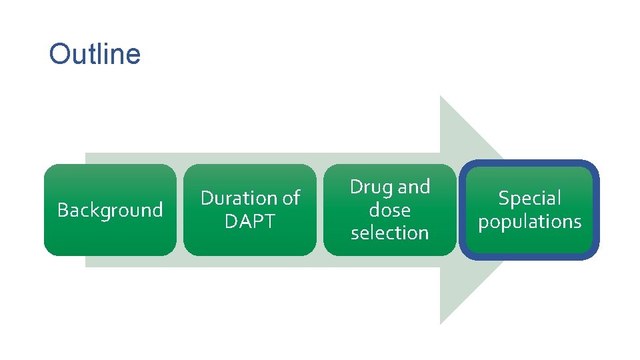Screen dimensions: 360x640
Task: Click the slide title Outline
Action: (x=95, y=54)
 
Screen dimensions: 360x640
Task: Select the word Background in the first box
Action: (x=110, y=210)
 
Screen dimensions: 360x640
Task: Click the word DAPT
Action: (x=250, y=221)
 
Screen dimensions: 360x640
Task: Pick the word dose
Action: (x=390, y=210)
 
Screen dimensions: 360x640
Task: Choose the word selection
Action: (x=390, y=233)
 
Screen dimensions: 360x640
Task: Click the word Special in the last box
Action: (x=530, y=198)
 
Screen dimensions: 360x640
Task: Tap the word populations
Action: (x=530, y=221)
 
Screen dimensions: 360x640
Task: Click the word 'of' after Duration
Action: (x=291, y=198)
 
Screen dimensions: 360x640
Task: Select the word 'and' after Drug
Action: (x=414, y=187)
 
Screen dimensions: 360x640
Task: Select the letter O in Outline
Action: (x=59, y=54)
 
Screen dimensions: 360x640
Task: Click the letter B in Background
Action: (x=62, y=210)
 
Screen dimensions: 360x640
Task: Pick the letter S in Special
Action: (x=503, y=198)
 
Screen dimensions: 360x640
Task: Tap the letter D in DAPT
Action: (x=230, y=221)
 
